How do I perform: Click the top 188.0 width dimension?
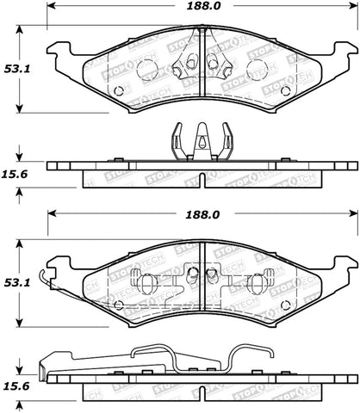[x=199, y=8]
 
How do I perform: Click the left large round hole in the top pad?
[x=147, y=71]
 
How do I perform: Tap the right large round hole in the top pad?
[x=257, y=71]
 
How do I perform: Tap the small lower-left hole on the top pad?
[x=118, y=90]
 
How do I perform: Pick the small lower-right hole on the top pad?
[x=285, y=90]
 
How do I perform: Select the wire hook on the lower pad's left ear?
[x=53, y=279]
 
